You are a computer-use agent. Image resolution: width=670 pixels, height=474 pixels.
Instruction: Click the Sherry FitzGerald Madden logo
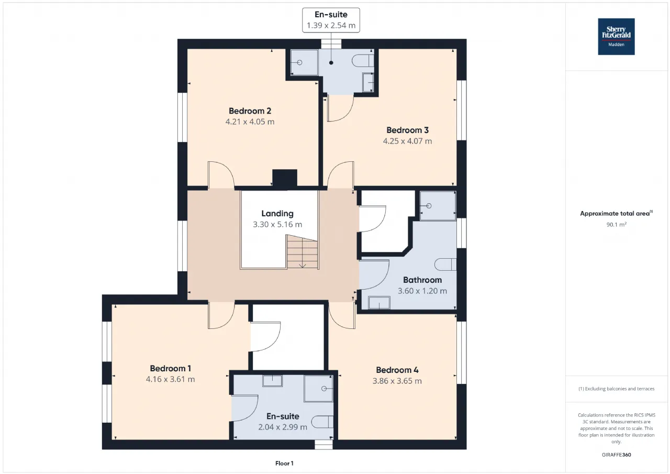[x=616, y=37]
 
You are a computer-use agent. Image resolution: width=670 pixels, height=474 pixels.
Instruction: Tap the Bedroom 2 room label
[x=250, y=111]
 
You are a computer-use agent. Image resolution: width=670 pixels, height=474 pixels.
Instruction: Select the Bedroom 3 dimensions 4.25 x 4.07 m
[x=407, y=141]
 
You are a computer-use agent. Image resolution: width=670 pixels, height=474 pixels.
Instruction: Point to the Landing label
[x=277, y=213]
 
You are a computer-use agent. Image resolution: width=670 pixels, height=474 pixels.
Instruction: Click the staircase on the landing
[x=302, y=251]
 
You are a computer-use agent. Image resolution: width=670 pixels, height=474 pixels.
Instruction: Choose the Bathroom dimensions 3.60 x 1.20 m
[x=422, y=291]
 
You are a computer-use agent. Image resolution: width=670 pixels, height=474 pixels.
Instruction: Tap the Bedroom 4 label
[x=397, y=370]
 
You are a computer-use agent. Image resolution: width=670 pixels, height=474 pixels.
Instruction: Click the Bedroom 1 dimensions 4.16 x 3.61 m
[x=170, y=379]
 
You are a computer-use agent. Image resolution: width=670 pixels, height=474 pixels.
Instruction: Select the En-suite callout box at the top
[x=331, y=20]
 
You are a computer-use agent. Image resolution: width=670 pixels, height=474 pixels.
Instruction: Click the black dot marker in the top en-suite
[x=331, y=63]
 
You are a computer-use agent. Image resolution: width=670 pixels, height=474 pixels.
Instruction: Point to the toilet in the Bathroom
[x=445, y=264]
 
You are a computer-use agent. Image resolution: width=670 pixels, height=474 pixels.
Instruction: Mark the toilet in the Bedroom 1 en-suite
[x=322, y=422]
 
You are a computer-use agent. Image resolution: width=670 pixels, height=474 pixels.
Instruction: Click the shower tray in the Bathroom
[x=438, y=206]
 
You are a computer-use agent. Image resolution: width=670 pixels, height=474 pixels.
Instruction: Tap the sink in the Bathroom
[x=379, y=303]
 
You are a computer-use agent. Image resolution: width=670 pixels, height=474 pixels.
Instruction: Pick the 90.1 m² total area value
[x=616, y=225]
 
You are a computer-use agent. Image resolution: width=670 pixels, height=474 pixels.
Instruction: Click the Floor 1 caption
[x=284, y=463]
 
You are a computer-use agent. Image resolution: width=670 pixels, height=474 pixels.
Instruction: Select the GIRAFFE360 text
[x=616, y=455]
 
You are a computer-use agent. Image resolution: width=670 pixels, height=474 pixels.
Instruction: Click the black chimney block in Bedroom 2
[x=284, y=179]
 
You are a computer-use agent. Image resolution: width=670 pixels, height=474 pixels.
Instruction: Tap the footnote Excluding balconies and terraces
[x=616, y=389]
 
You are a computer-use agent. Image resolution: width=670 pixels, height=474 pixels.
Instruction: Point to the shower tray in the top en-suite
[x=304, y=62]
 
